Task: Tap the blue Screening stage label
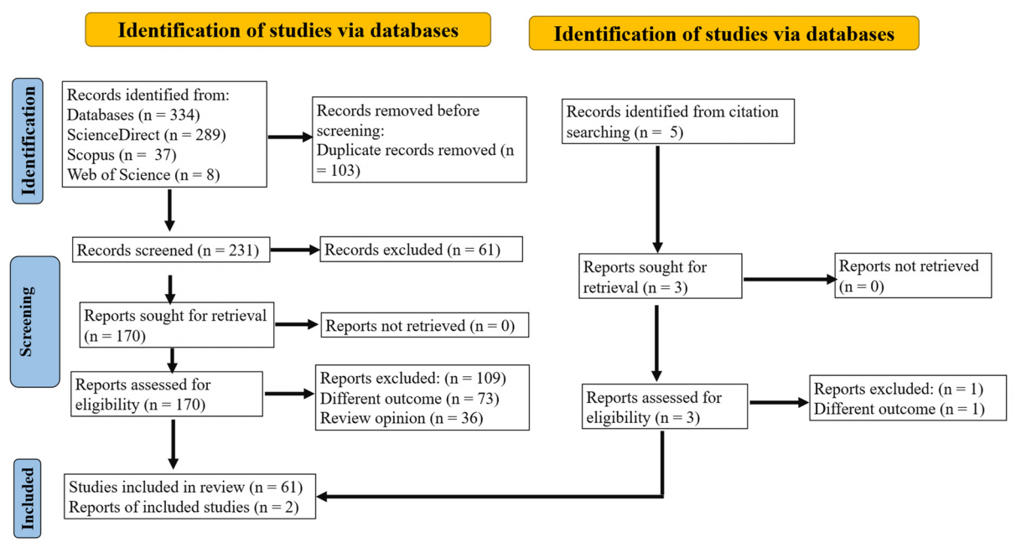(28, 321)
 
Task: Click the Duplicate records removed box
(419, 139)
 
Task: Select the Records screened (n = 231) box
(172, 250)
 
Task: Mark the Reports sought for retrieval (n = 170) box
(178, 328)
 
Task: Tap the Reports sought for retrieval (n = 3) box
(661, 277)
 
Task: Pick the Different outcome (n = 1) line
(899, 410)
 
